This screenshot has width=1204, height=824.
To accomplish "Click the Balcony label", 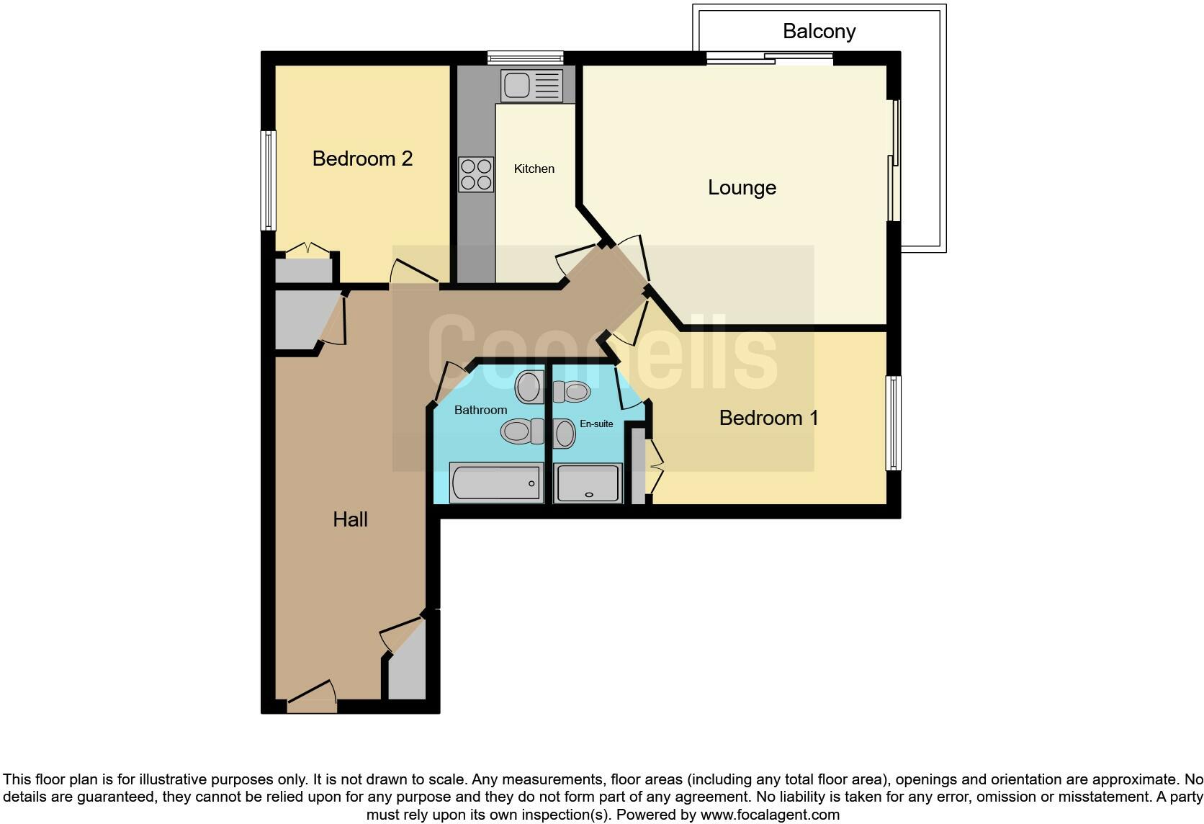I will (x=819, y=32).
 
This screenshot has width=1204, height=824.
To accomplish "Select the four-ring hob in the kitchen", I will (x=476, y=174).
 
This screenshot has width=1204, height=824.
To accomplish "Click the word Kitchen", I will (x=534, y=169).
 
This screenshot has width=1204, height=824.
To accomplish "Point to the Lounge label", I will (x=742, y=188).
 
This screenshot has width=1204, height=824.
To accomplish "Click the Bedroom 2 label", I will (x=362, y=158).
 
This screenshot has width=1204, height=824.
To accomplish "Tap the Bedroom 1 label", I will (x=768, y=418).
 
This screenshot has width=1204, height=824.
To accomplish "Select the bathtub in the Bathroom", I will (x=496, y=483).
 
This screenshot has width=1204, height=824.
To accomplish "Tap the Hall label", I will (x=350, y=519).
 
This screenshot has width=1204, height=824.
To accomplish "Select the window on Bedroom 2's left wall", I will (x=269, y=180).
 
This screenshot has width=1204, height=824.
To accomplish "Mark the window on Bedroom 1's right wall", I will (x=894, y=423).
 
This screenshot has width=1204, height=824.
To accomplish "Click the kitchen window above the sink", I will (x=525, y=58).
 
